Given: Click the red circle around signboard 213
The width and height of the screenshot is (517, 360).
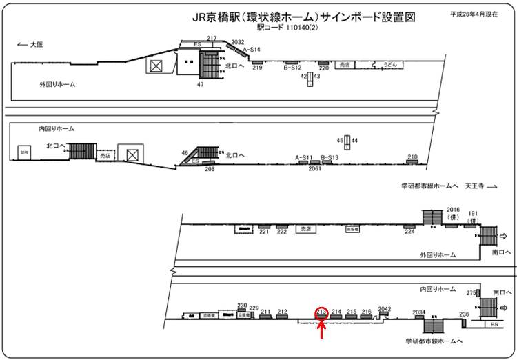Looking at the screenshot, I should (321, 312).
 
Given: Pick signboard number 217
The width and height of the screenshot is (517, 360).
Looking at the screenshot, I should (212, 38).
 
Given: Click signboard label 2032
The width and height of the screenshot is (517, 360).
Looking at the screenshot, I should (238, 43).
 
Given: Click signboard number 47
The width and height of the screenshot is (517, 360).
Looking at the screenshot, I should (200, 84).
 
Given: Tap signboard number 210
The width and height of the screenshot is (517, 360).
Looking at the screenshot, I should (412, 157).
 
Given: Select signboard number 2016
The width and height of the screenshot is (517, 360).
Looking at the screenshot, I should (453, 209).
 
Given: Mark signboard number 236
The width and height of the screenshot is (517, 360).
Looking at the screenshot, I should (464, 314).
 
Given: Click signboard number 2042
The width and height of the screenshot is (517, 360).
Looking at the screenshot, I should (385, 309).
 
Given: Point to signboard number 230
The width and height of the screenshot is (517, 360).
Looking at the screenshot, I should (242, 306).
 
